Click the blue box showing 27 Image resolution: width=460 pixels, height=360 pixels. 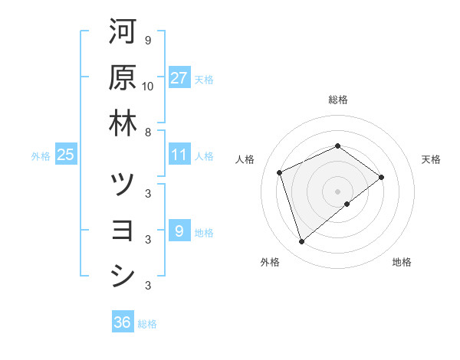pyautogui.click(x=179, y=78)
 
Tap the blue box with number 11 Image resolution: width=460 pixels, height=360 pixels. pyautogui.click(x=179, y=155)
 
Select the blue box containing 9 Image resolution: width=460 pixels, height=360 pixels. pyautogui.click(x=179, y=231)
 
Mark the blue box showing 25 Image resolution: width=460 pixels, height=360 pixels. pyautogui.click(x=66, y=155)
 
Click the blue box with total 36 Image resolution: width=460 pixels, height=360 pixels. pyautogui.click(x=123, y=322)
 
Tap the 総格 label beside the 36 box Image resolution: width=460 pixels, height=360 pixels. pyautogui.click(x=147, y=324)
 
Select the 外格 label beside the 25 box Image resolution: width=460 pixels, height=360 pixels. pyautogui.click(x=41, y=155)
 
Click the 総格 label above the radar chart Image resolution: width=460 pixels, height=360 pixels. pyautogui.click(x=337, y=100)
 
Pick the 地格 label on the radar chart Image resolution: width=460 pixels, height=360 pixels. pyautogui.click(x=402, y=262)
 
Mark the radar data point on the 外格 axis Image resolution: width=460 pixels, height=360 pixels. pyautogui.click(x=302, y=242)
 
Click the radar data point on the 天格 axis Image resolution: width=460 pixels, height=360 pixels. pyautogui.click(x=382, y=178)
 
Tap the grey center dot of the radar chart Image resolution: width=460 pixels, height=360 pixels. pyautogui.click(x=338, y=191)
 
